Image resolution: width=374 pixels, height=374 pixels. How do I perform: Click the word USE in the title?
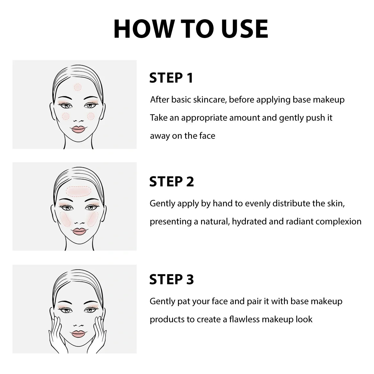coord(245,29)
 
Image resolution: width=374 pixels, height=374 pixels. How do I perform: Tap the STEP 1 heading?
coord(171,78)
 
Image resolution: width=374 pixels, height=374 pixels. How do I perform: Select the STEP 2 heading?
coord(171,181)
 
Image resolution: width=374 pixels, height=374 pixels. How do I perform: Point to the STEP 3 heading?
coord(171,280)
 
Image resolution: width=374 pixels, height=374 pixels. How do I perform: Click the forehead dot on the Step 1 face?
coord(78,87)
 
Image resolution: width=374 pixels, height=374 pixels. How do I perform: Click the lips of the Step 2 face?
coord(79,231)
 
